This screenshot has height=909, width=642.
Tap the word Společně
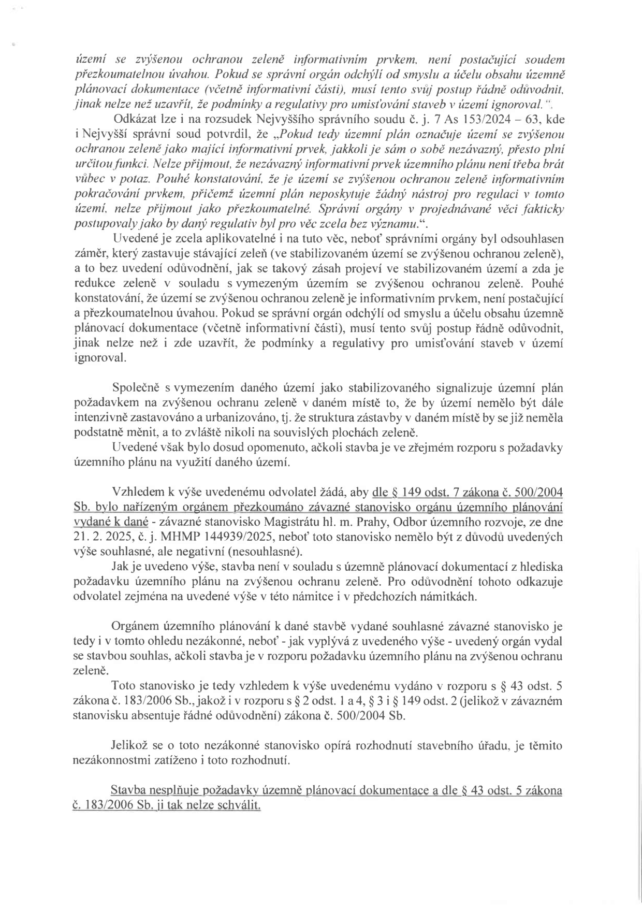tap(136, 388)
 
